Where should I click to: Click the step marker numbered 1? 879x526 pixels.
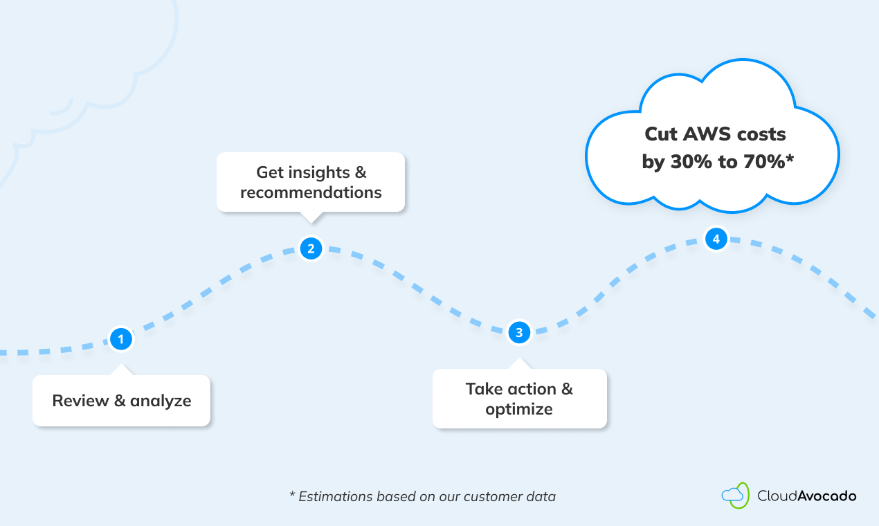click(x=121, y=339)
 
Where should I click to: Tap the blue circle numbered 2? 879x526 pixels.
click(x=311, y=248)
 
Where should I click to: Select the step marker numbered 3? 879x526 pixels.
click(x=519, y=333)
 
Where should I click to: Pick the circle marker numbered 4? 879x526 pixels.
click(x=716, y=239)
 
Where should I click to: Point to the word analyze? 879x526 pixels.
click(x=161, y=401)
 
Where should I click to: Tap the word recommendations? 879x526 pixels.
click(x=311, y=192)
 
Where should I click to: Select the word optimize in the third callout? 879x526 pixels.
click(x=519, y=409)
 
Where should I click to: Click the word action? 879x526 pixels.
click(x=527, y=388)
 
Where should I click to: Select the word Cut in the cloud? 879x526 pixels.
click(x=660, y=134)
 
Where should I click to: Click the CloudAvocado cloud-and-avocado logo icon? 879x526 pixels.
click(x=735, y=495)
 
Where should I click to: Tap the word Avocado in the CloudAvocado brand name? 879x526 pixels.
click(x=827, y=496)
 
